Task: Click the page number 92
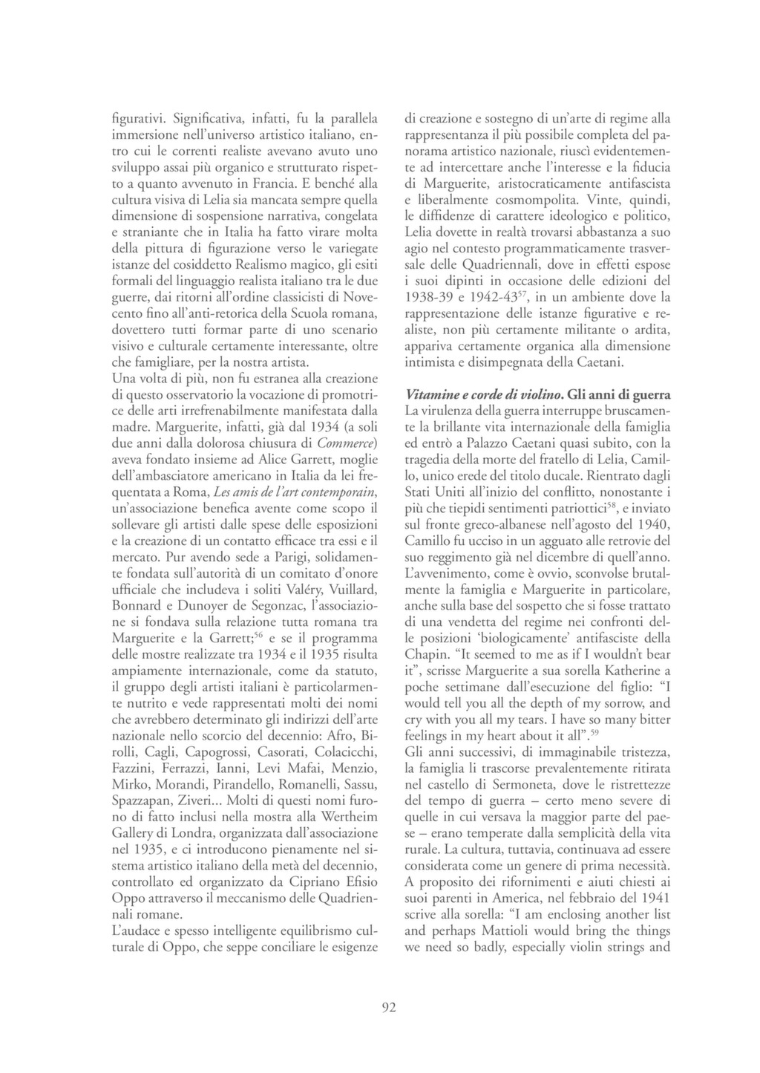pos(389,1007)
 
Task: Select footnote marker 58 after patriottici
pos(611,505)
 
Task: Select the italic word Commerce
pos(347,444)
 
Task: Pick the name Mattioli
pos(517,930)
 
